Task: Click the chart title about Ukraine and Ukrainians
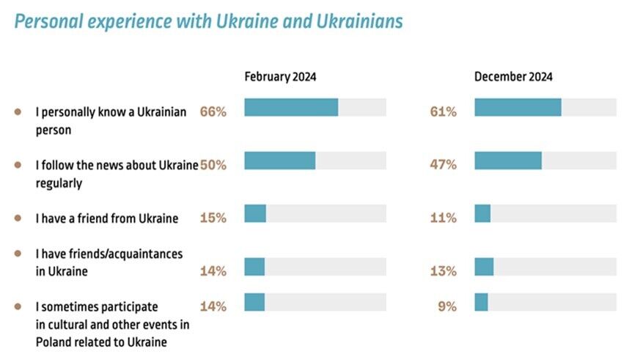(208, 21)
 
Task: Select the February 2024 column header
(280, 77)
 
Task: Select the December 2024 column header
(513, 77)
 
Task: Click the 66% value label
(213, 112)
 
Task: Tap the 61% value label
(444, 112)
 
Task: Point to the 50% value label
(213, 165)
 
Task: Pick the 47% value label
(444, 165)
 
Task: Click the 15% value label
(213, 218)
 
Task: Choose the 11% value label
(444, 218)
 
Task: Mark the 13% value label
(444, 271)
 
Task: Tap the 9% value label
(447, 306)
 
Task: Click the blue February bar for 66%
(291, 108)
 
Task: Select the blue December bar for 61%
(518, 108)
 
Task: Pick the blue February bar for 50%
(279, 161)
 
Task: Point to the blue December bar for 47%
(508, 161)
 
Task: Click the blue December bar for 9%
(481, 301)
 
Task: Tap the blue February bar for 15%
(255, 213)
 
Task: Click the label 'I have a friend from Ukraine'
(107, 218)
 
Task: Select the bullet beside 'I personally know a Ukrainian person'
(18, 112)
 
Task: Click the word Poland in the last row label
(51, 342)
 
